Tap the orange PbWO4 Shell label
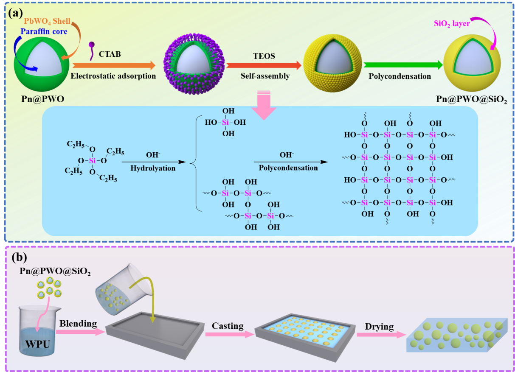tap(47, 21)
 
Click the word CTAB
tap(110, 54)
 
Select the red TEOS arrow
tap(264, 65)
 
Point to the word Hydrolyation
tap(153, 168)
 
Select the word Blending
tap(78, 323)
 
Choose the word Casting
tap(228, 326)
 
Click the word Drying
tap(379, 327)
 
